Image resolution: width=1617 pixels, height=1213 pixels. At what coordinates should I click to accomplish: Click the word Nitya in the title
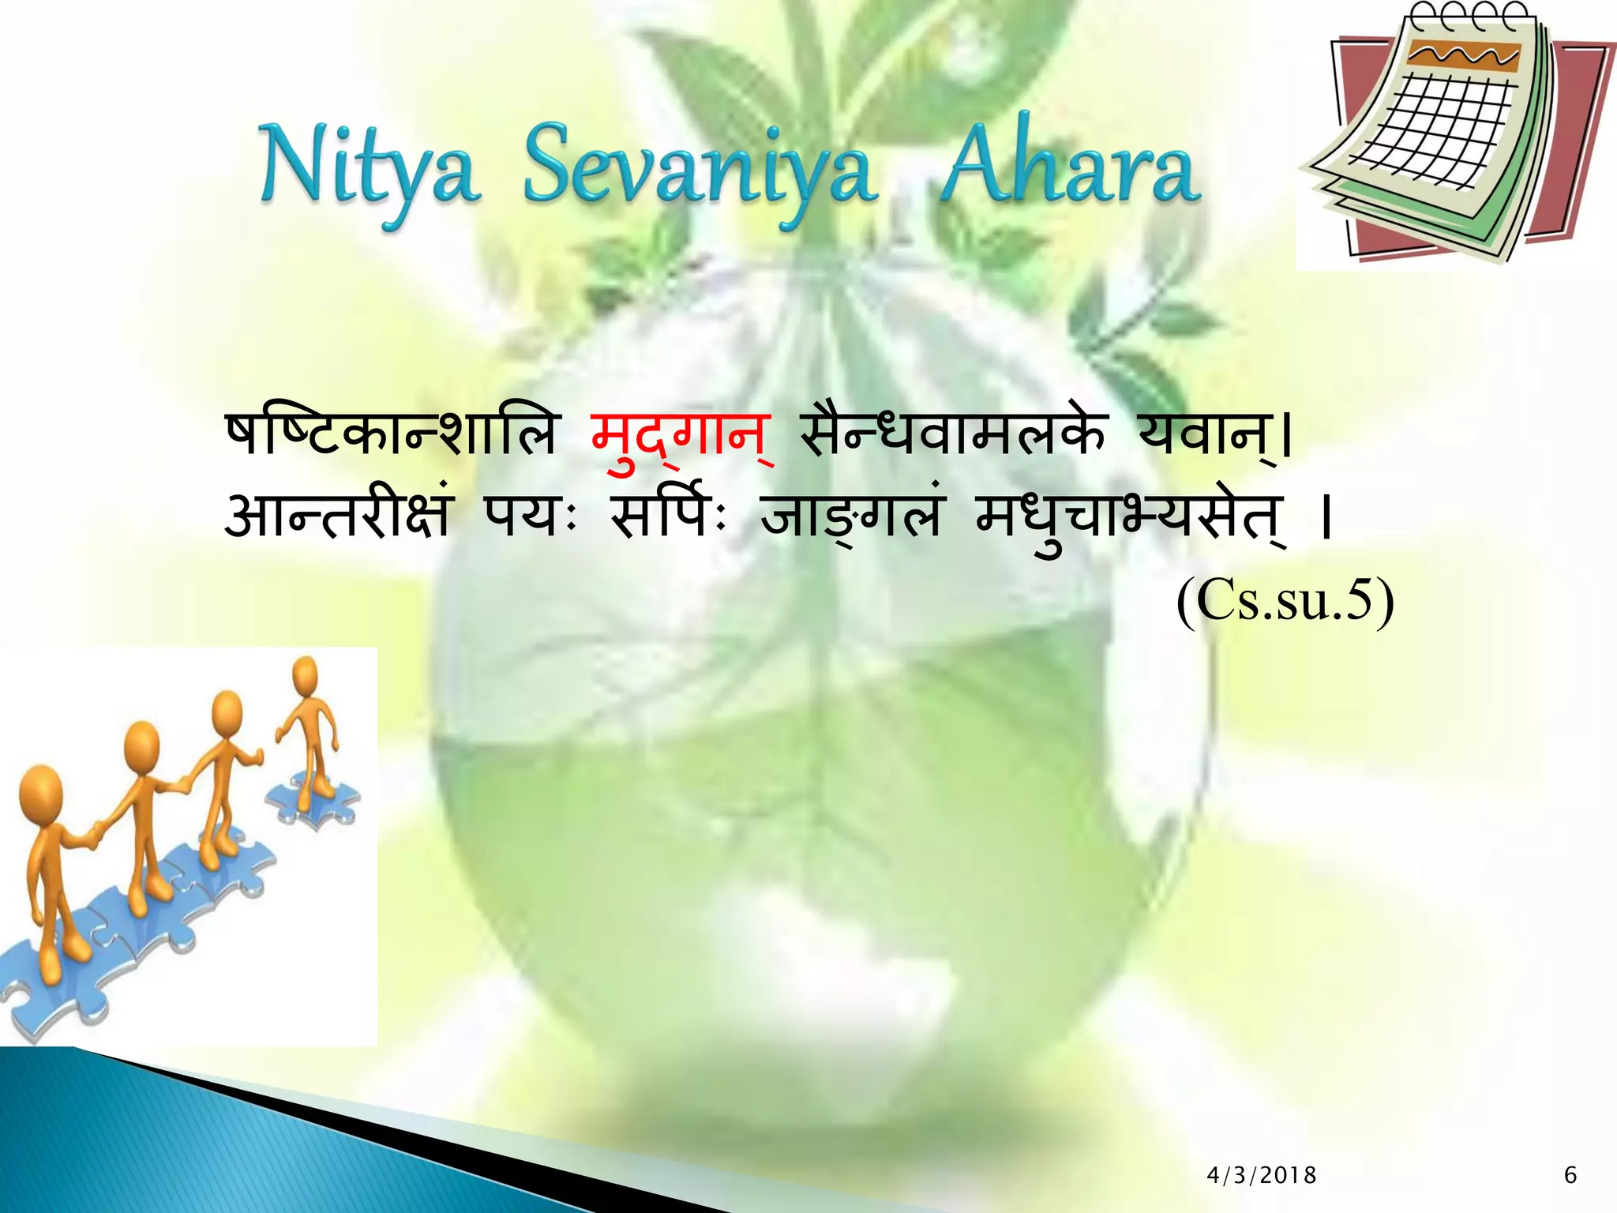(x=370, y=170)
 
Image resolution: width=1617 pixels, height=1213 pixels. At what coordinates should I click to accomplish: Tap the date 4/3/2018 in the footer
(x=1262, y=1175)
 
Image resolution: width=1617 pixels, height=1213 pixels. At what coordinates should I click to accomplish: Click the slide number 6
(x=1570, y=1175)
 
